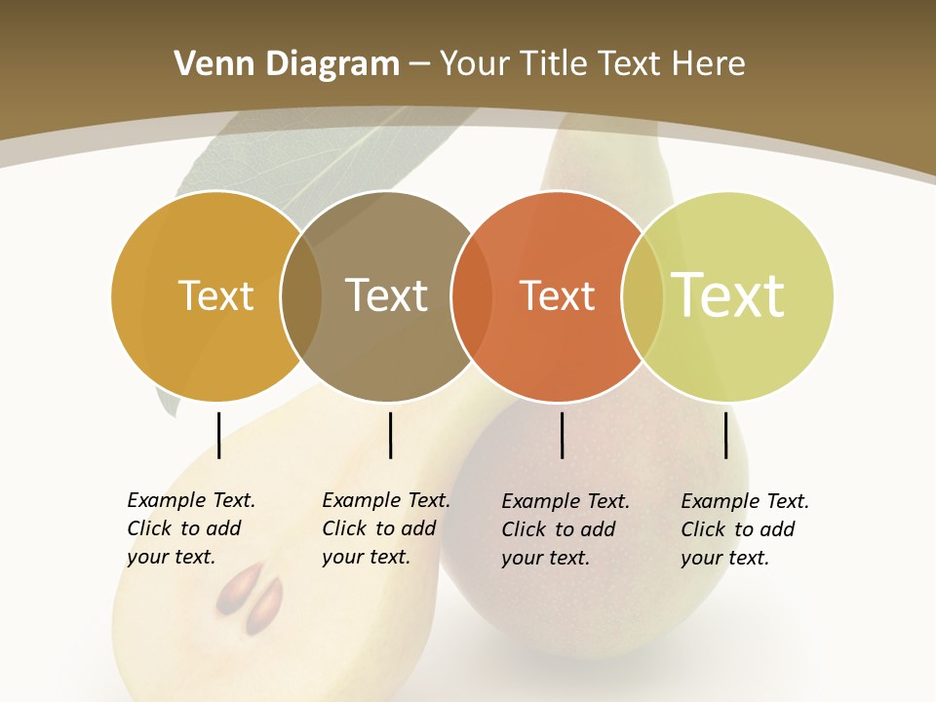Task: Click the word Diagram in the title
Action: (x=332, y=64)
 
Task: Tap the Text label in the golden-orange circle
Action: (x=215, y=295)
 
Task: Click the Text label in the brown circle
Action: (x=386, y=295)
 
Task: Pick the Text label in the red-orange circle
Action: (x=557, y=295)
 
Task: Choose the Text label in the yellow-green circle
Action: (x=728, y=294)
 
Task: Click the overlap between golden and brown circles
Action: (x=301, y=295)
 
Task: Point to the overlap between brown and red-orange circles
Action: (x=471, y=295)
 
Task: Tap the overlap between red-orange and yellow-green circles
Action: (x=643, y=295)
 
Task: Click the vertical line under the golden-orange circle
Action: (x=218, y=435)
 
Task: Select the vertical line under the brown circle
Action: (x=390, y=435)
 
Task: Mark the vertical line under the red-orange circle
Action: (x=563, y=435)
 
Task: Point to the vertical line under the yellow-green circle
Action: (x=726, y=435)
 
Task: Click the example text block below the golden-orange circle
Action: (x=190, y=528)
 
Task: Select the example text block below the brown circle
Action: (x=385, y=528)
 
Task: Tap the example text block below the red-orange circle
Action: (x=565, y=529)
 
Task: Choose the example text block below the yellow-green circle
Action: (x=744, y=529)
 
